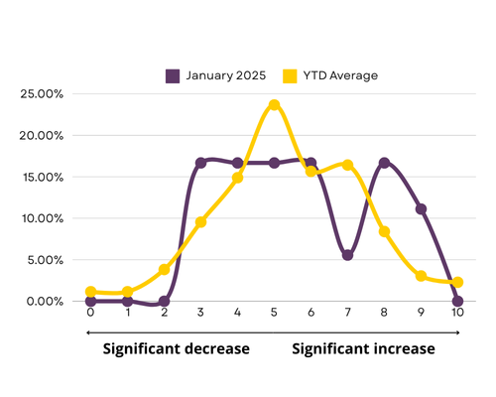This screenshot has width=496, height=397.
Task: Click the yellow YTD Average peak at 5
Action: (x=274, y=105)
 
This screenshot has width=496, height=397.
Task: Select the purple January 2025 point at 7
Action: (x=347, y=255)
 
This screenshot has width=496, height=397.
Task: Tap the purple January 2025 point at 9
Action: (x=421, y=209)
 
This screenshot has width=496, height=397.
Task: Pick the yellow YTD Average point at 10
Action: (x=457, y=283)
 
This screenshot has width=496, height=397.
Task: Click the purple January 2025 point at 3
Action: (x=200, y=163)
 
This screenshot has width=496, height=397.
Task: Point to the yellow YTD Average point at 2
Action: (x=165, y=270)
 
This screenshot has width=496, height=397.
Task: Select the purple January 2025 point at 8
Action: (x=384, y=163)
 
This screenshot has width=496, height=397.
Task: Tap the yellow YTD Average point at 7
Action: (x=347, y=165)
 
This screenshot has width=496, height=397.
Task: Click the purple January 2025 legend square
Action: (x=173, y=76)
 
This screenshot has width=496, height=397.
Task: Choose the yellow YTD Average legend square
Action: (x=290, y=76)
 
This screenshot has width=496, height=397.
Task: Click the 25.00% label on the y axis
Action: (x=42, y=94)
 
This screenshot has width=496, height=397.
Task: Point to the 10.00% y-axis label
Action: (x=43, y=218)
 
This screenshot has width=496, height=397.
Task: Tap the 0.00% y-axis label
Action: (x=45, y=302)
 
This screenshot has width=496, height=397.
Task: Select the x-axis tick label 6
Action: (x=310, y=313)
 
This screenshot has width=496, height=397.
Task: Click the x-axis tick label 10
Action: (x=457, y=313)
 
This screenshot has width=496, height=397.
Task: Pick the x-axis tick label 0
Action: (x=90, y=313)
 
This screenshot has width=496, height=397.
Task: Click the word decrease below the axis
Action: (x=217, y=349)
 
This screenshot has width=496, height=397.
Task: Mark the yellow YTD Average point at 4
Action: (x=237, y=178)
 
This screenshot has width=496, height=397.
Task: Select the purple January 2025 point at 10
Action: (x=457, y=302)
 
